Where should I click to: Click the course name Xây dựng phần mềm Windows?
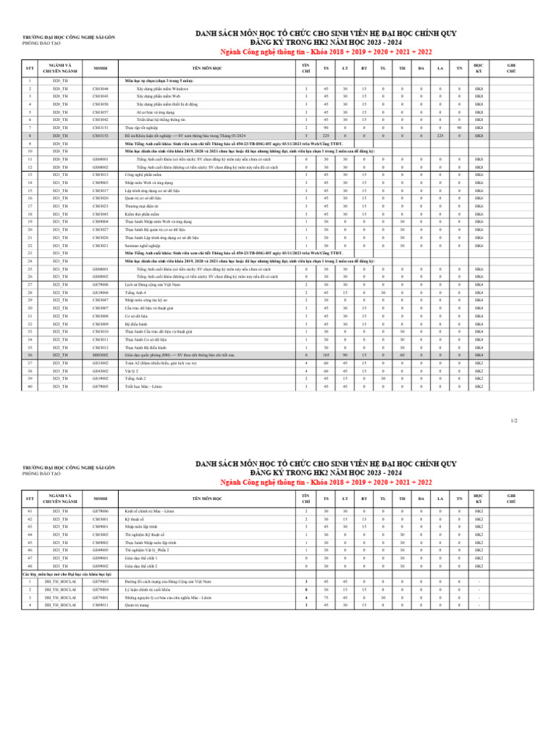[x=162, y=88]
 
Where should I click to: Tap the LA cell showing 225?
[x=440, y=136]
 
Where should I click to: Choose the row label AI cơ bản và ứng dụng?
[x=153, y=112]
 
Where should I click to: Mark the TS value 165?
[x=326, y=355]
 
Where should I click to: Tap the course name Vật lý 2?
[x=131, y=370]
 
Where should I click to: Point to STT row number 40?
[x=30, y=386]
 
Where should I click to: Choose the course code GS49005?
[x=100, y=550]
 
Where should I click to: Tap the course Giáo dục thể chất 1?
[x=140, y=558]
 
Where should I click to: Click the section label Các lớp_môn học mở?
[x=50, y=574]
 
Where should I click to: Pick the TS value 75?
[x=326, y=597]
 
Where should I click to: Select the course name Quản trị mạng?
[x=135, y=605]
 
